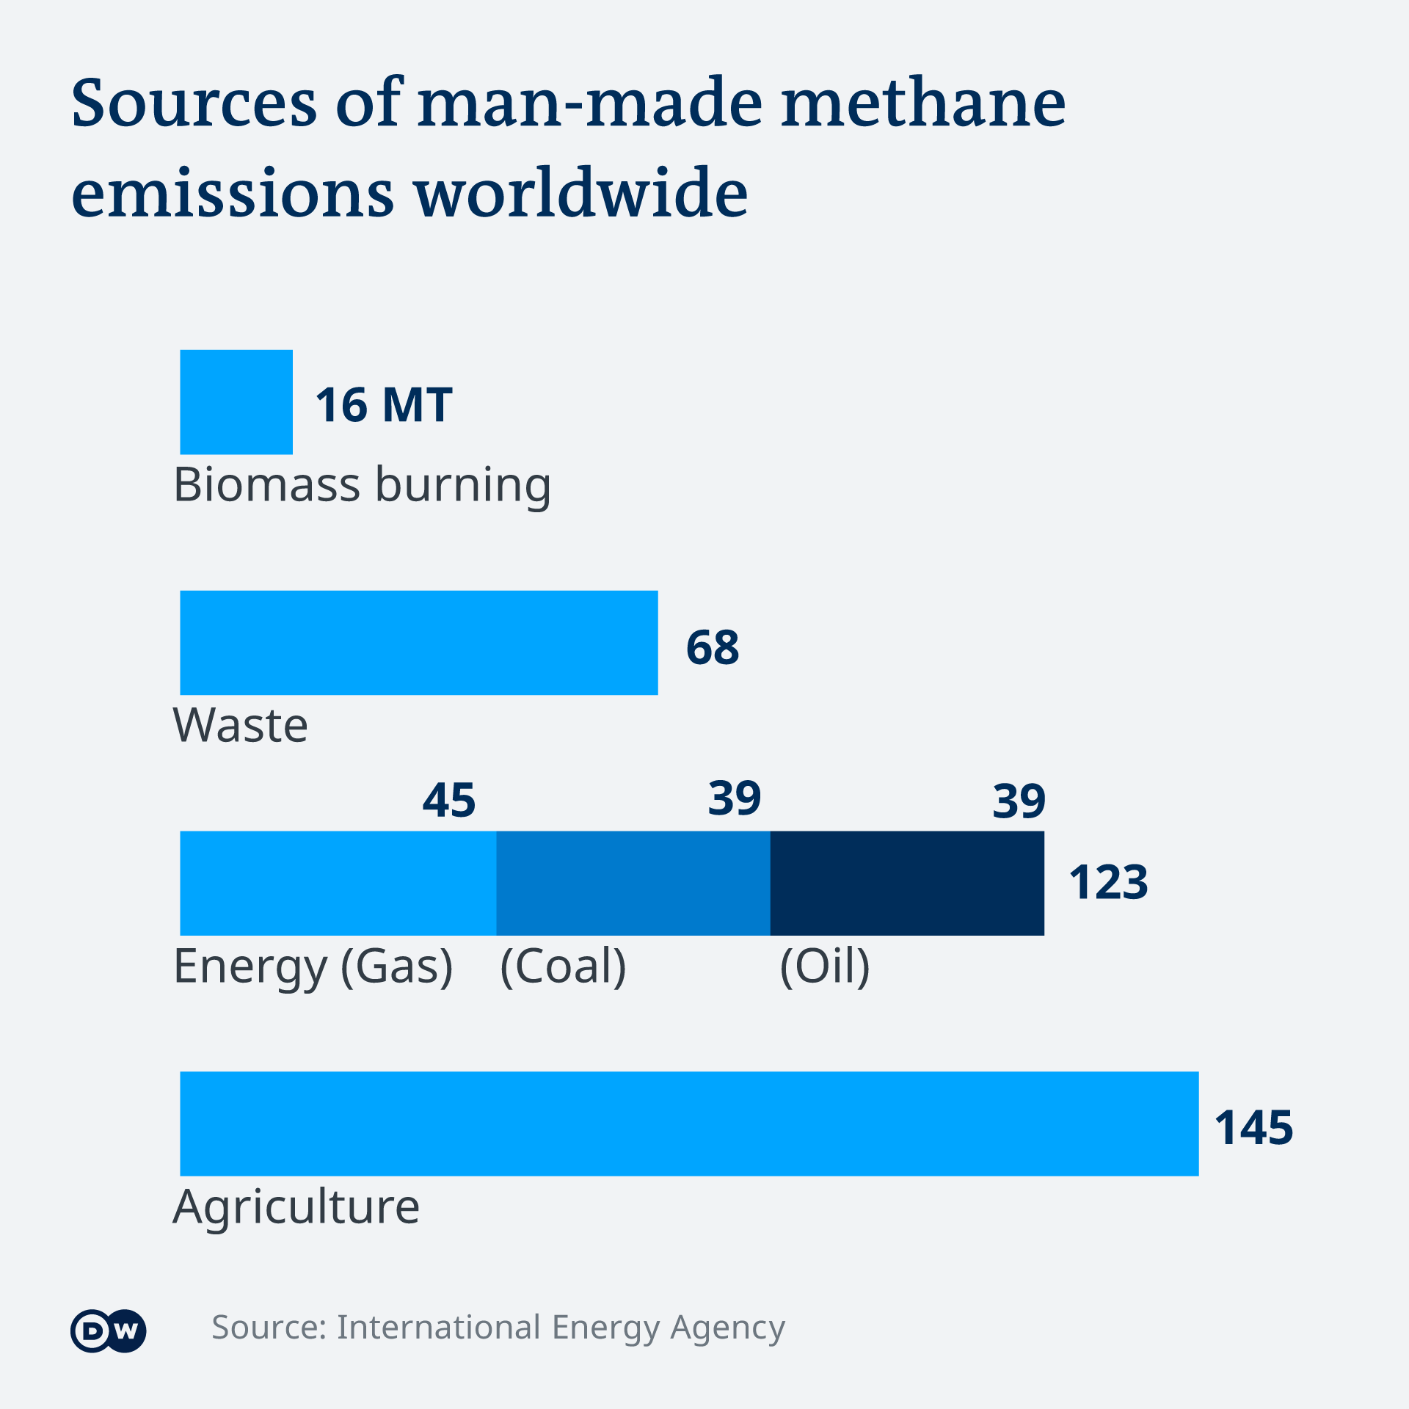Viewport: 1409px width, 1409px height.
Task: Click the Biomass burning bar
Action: [236, 402]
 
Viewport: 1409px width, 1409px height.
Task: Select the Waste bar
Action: [419, 643]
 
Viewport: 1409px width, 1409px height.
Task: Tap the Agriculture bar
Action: [689, 1124]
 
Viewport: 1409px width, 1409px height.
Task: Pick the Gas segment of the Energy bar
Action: [338, 883]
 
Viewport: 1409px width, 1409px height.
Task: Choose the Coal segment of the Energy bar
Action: [633, 883]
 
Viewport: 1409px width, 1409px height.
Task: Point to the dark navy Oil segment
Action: [907, 883]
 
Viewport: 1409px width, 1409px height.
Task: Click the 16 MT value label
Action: [384, 405]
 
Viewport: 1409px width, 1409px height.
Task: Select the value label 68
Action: [713, 647]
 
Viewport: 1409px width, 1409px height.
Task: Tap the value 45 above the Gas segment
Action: [449, 800]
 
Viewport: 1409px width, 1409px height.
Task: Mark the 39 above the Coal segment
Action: [735, 798]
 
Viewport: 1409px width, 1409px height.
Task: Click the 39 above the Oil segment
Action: [1019, 801]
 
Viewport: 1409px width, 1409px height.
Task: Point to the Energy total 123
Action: [1108, 882]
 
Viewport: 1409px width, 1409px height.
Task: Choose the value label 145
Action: [1253, 1127]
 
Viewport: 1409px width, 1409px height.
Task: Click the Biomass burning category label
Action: [362, 485]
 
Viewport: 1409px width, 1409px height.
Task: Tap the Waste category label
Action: [241, 726]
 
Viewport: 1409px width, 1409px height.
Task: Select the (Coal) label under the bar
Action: [563, 966]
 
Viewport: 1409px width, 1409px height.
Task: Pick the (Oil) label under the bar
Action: [825, 966]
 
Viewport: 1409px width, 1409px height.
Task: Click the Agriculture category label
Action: [296, 1207]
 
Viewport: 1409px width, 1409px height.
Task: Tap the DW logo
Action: [109, 1330]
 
